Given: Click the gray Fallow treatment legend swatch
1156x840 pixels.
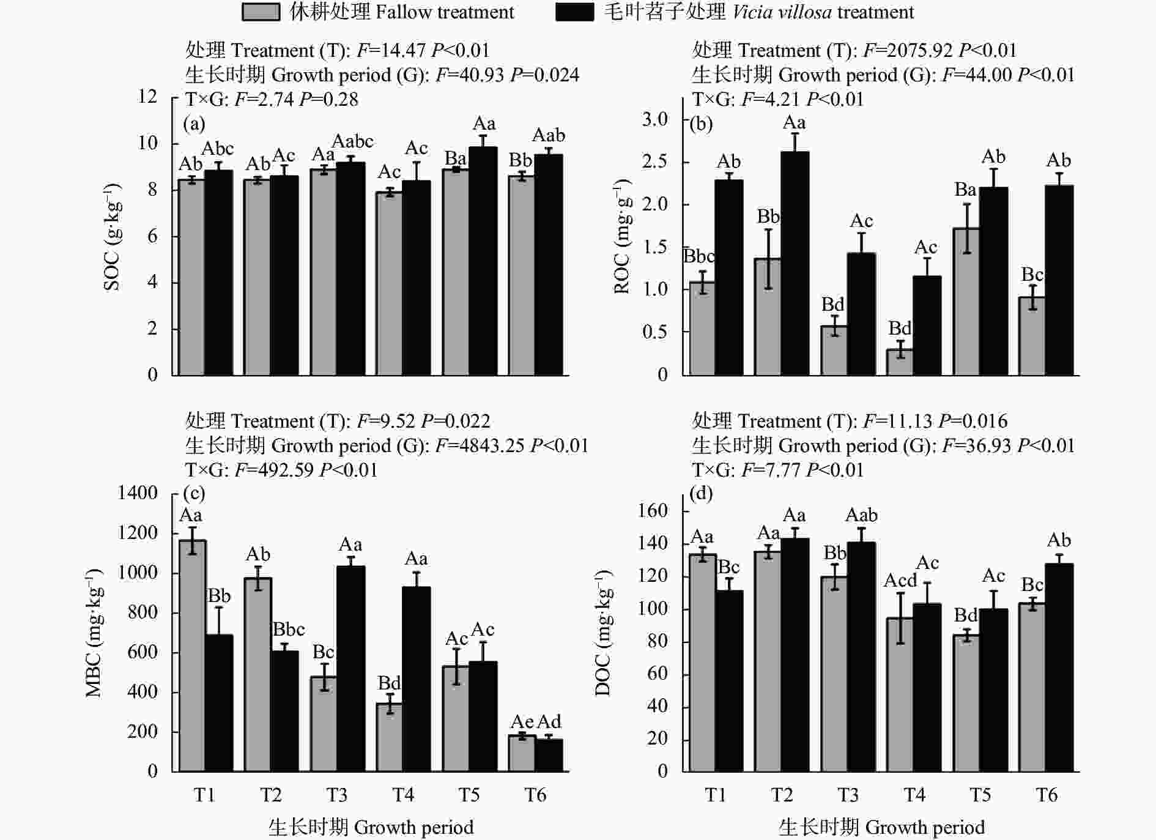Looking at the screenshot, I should (x=261, y=12).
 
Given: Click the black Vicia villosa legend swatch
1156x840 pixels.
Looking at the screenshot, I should (x=574, y=12).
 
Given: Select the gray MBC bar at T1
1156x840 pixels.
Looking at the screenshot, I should (x=192, y=655).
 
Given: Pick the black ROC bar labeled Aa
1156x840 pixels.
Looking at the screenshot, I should (x=795, y=263).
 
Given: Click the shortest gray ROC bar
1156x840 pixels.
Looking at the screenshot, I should (x=900, y=362).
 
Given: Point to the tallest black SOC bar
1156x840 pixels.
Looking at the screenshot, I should (x=483, y=261).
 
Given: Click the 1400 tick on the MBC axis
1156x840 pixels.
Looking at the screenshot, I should (x=138, y=492).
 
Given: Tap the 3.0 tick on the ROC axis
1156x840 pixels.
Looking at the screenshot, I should (x=655, y=119).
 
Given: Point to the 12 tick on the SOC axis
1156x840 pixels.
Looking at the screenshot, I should (x=147, y=96).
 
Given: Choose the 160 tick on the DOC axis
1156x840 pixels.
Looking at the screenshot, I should (x=653, y=511).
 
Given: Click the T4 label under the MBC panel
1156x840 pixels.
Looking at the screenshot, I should (x=402, y=795).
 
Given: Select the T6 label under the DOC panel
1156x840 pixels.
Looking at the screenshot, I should (x=1046, y=795).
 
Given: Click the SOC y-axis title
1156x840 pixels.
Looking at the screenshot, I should (x=113, y=236).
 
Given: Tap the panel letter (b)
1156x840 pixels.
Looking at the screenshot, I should (x=701, y=124).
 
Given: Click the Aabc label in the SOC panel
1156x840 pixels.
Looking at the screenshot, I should (x=352, y=141).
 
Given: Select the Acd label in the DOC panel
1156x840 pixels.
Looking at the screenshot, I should (x=900, y=580).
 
